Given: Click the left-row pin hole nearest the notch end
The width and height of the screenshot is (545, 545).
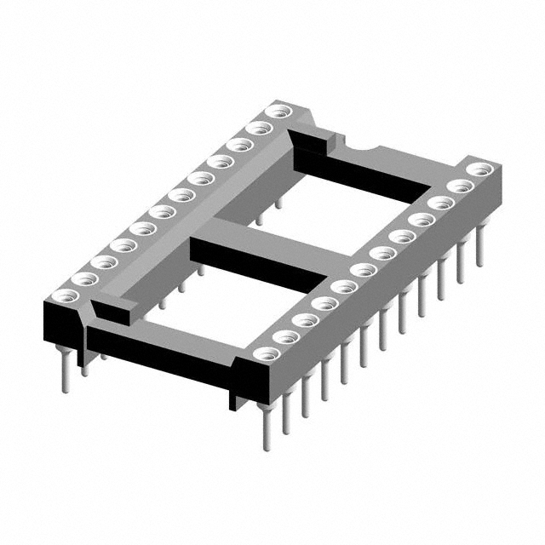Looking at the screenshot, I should pyautogui.click(x=276, y=112).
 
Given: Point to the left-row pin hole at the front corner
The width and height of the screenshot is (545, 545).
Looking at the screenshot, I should pyautogui.click(x=62, y=296).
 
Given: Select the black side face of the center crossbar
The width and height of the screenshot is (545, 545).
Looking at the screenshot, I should pyautogui.click(x=255, y=264).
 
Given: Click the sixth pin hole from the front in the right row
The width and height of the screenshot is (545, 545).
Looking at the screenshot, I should pyautogui.click(x=364, y=271).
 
